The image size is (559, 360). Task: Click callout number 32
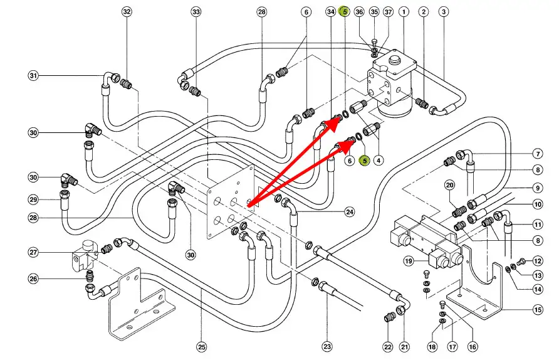pos(127,12)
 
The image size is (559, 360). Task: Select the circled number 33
pos(196,12)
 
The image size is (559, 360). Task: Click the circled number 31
pos(33,76)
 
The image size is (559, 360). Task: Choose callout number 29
pos(33,199)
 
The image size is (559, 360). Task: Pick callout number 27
pos(33,252)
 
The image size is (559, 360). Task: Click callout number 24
pos(349,211)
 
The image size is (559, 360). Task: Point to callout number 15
pos(538,309)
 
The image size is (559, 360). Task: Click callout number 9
pos(538,187)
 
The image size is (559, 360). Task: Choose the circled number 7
pos(538,153)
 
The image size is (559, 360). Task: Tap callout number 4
pos(379,161)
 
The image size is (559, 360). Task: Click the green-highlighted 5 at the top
pos(344,12)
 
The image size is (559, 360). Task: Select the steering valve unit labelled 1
pos(392,85)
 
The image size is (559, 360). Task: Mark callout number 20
pos(449,185)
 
